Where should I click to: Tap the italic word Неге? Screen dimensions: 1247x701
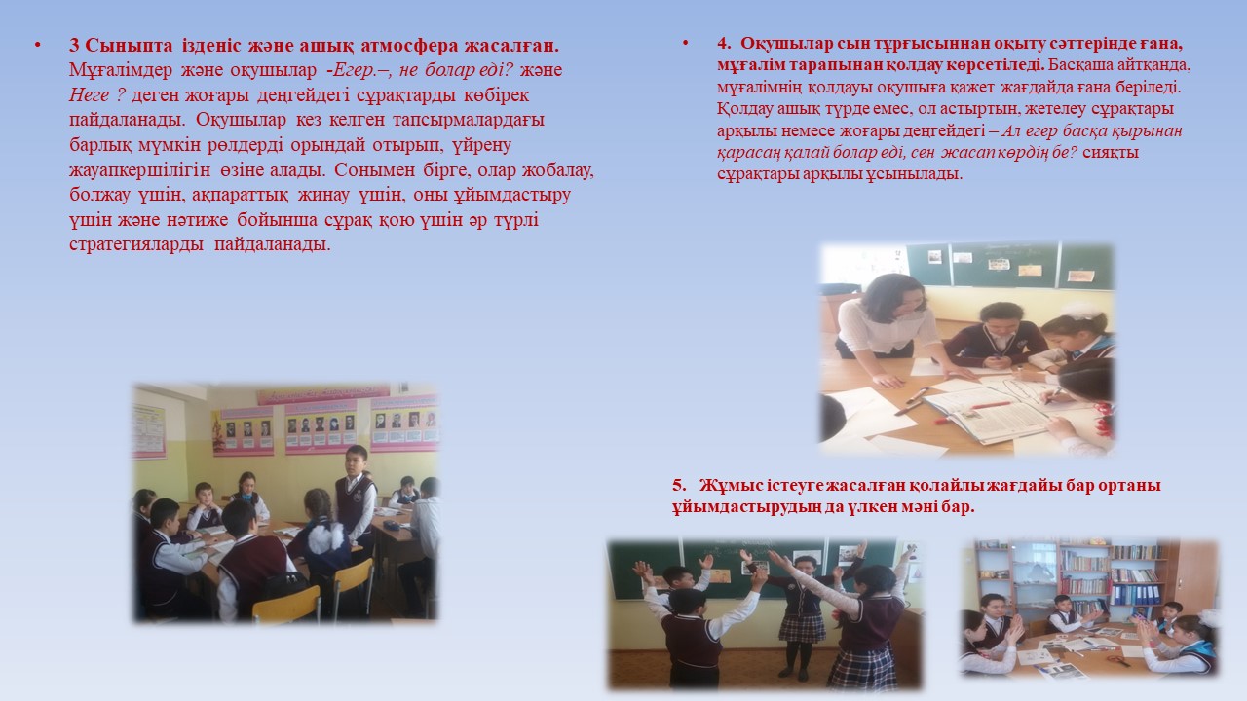89,95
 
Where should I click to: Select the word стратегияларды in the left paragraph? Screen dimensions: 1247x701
136,244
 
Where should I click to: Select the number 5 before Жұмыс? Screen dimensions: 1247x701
679,485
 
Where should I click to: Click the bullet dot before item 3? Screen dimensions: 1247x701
38,46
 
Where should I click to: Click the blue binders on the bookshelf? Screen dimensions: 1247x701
1136,594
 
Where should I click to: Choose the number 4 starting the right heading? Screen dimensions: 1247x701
723,44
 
